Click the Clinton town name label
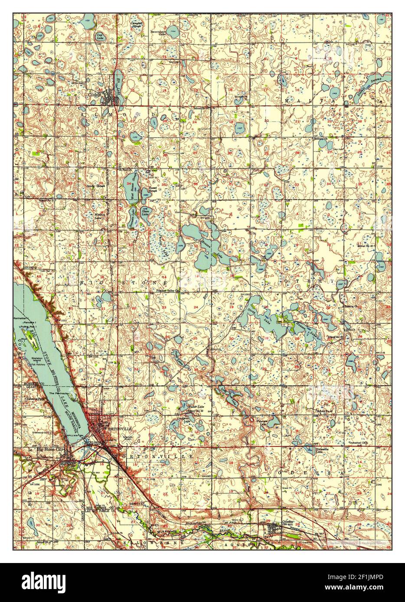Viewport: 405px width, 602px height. (x=94, y=94)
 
